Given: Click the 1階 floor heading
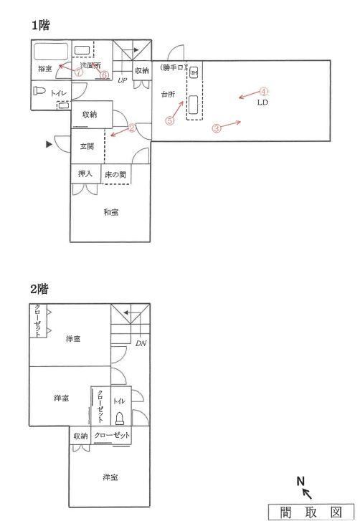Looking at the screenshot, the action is click(x=41, y=25).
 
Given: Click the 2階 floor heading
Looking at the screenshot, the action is click(x=39, y=289).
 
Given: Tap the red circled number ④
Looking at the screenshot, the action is click(x=263, y=92).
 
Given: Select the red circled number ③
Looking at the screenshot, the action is click(x=217, y=128).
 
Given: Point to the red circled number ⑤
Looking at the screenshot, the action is click(x=170, y=120).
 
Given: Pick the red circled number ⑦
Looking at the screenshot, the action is click(x=78, y=72).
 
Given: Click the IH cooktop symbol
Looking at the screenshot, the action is click(x=194, y=72).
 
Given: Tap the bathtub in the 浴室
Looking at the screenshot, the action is click(x=51, y=52).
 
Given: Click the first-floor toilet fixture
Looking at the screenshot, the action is click(x=39, y=91).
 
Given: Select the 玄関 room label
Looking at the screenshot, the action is click(x=87, y=146).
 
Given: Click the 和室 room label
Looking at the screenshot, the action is click(x=111, y=212).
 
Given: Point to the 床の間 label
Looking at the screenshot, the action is click(x=115, y=175).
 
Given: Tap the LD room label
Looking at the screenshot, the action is click(x=262, y=102).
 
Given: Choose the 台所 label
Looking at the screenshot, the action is click(x=168, y=95).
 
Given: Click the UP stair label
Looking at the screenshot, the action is click(x=123, y=80).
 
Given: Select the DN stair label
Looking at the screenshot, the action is click(x=141, y=343).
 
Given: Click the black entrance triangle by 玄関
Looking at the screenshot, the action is click(x=49, y=144).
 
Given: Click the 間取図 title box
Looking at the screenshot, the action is click(x=311, y=512).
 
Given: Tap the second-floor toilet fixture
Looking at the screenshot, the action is click(x=119, y=419).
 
